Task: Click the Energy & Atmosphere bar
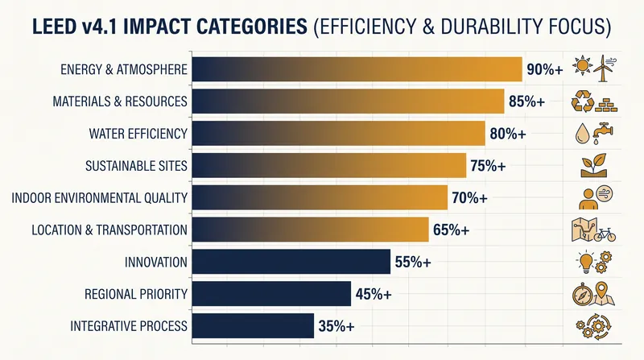[x=357, y=69]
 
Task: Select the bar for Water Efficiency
[x=338, y=133]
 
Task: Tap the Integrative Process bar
[x=253, y=326]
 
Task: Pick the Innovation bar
[x=291, y=262]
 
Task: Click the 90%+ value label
[x=545, y=69]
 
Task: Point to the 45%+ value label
[x=374, y=294]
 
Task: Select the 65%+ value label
[x=451, y=230]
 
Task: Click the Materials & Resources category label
[x=120, y=101]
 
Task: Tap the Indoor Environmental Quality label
[x=99, y=197]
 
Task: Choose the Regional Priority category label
[x=136, y=294]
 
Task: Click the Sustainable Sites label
[x=136, y=166]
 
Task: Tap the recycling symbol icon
[x=583, y=101]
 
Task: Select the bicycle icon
[x=605, y=234]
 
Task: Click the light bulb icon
[x=586, y=263]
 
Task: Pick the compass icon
[x=582, y=295]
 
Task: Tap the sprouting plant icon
[x=594, y=165]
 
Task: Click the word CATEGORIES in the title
[x=252, y=27]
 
